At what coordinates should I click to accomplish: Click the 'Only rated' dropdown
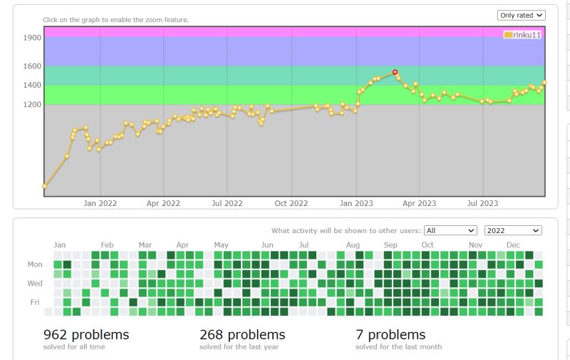tap(521, 15)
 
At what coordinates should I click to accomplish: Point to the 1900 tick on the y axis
tap(33, 37)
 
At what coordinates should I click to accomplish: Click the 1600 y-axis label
tap(33, 66)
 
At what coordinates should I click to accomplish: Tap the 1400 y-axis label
tap(33, 85)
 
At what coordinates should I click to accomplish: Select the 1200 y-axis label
tap(33, 104)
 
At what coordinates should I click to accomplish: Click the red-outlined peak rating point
tap(395, 72)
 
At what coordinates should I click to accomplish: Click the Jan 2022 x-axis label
tap(100, 203)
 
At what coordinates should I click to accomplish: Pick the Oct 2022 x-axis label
tap(291, 203)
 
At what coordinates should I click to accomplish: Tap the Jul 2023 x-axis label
tap(482, 203)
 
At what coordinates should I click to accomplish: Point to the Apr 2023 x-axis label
tap(419, 203)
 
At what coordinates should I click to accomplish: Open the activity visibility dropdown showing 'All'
tap(450, 230)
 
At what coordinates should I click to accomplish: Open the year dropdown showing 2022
tap(513, 230)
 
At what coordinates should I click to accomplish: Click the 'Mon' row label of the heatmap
tap(35, 264)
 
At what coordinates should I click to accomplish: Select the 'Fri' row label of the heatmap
tap(35, 302)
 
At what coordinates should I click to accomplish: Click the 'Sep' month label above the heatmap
tap(390, 245)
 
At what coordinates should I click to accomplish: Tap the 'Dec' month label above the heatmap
tap(513, 245)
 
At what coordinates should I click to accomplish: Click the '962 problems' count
tap(86, 334)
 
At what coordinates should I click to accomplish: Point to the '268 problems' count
tap(242, 334)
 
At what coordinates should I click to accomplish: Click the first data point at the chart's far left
tap(45, 187)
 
